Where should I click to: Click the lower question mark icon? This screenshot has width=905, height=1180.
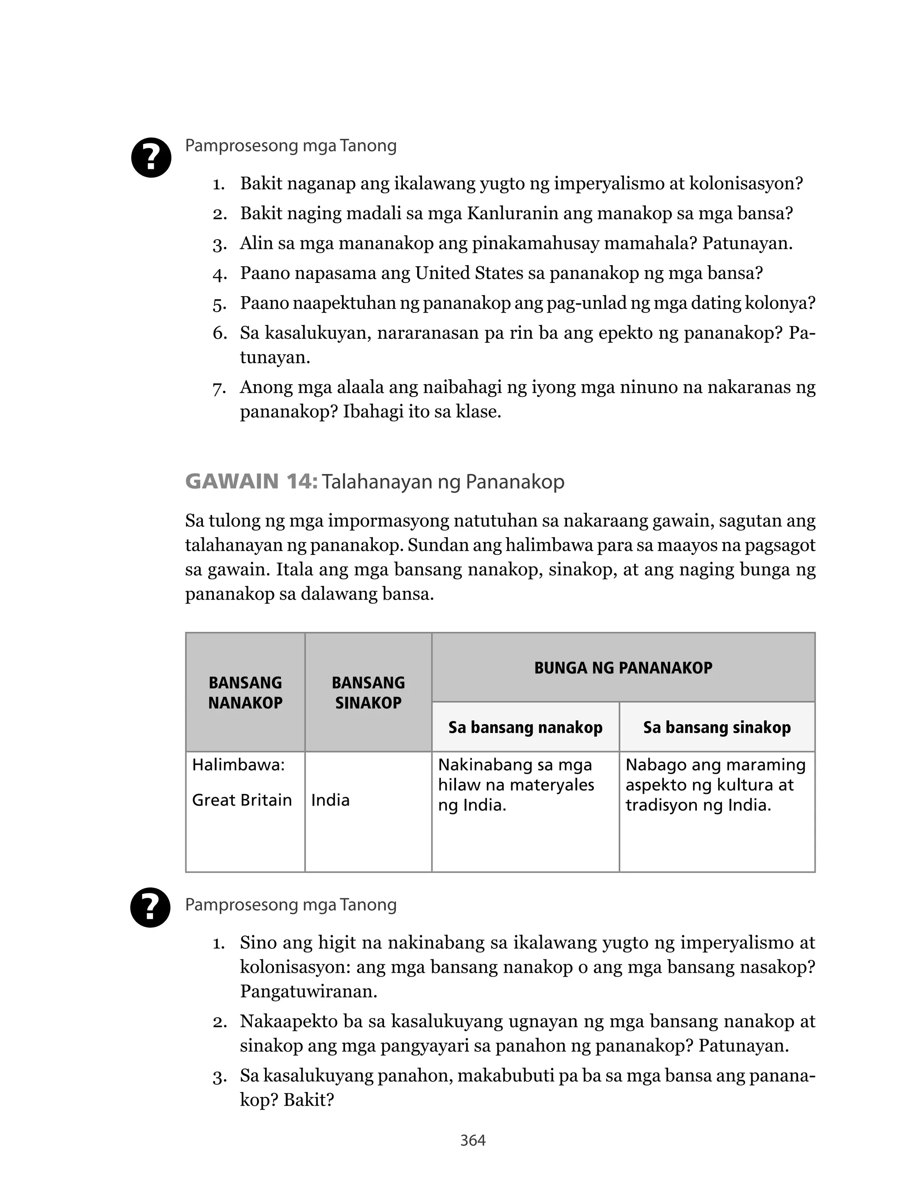point(151,907)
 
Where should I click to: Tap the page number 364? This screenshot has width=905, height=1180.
point(473,1140)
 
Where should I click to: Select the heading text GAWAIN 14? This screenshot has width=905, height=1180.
point(251,481)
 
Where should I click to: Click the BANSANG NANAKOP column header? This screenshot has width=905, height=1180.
point(245,692)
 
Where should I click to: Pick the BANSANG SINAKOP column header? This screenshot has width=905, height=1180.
point(368,692)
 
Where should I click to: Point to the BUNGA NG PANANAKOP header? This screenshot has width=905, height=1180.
point(623,668)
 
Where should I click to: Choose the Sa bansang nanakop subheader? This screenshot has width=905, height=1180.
point(525,727)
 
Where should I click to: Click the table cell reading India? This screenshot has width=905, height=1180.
point(330,800)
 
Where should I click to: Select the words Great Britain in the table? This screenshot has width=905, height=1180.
point(242,800)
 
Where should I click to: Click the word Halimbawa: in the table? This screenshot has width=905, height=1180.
point(238,764)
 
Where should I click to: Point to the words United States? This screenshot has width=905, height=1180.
point(469,273)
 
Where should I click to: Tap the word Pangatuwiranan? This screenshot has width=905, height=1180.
point(308,991)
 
